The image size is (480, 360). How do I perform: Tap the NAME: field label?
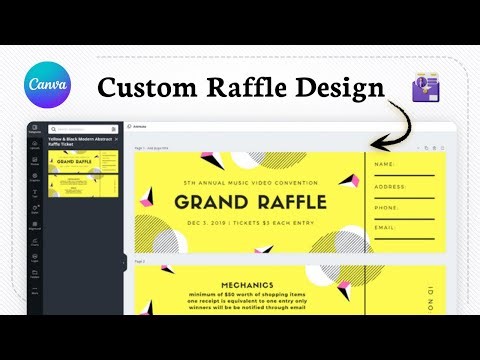[x=386, y=164]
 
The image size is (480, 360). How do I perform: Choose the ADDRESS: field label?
[x=391, y=187]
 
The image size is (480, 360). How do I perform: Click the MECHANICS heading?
[x=249, y=283]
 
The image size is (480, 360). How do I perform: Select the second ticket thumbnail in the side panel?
[x=85, y=187]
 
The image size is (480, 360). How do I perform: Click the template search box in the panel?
[x=85, y=128]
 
